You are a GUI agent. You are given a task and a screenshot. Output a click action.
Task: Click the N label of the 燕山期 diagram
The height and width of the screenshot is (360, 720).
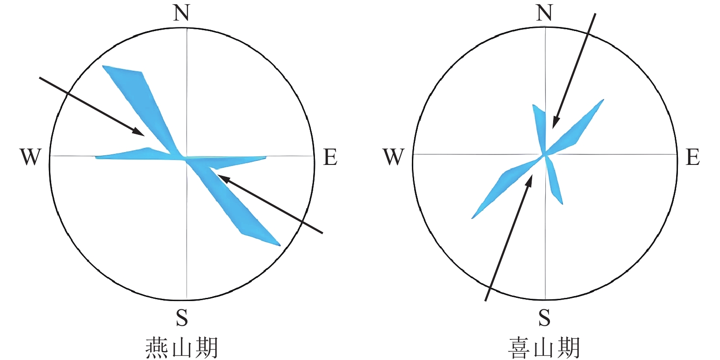click(x=181, y=13)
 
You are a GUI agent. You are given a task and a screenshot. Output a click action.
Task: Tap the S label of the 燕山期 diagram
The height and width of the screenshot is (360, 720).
click(x=182, y=317)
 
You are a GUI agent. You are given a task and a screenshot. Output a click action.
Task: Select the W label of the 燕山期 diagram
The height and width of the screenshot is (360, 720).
click(x=30, y=157)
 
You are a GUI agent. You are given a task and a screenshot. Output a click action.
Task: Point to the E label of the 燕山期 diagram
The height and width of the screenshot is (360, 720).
click(x=330, y=157)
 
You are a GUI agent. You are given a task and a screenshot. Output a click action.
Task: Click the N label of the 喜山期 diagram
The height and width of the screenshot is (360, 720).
click(x=544, y=13)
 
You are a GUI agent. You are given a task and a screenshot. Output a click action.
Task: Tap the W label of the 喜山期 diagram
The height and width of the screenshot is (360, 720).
click(x=393, y=157)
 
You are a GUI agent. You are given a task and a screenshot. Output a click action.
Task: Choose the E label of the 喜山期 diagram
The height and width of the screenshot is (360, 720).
click(x=693, y=157)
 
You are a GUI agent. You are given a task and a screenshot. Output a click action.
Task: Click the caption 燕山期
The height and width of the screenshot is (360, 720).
click(x=181, y=348)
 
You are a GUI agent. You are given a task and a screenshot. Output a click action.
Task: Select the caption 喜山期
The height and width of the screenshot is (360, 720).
click(x=544, y=348)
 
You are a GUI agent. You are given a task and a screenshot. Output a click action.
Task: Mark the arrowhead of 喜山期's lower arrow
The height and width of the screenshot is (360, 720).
click(x=530, y=180)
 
